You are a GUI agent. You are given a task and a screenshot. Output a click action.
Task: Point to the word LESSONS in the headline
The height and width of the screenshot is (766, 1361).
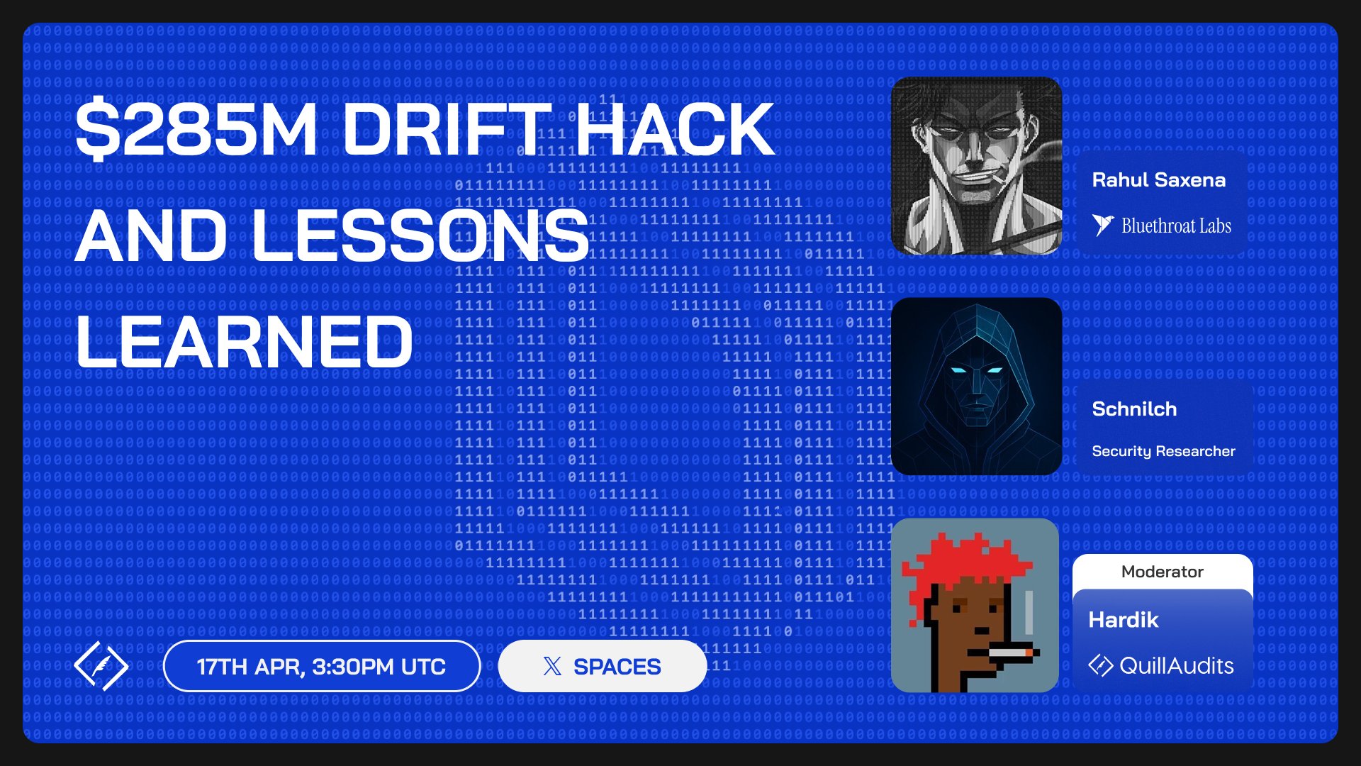(420, 235)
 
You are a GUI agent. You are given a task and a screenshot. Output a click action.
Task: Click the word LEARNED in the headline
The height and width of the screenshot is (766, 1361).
(244, 341)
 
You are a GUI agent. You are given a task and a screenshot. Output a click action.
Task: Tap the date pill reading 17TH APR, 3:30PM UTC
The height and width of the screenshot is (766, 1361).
(322, 666)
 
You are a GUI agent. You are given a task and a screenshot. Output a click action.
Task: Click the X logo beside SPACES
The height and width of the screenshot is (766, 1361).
(552, 666)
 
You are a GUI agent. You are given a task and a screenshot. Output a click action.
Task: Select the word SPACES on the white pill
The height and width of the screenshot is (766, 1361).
(617, 667)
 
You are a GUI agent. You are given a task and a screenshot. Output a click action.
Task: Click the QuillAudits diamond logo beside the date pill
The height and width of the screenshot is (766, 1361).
(101, 666)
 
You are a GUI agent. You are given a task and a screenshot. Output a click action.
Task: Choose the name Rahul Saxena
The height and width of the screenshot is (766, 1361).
(1158, 180)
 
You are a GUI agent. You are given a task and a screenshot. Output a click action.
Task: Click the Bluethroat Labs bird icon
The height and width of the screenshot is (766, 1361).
(1102, 226)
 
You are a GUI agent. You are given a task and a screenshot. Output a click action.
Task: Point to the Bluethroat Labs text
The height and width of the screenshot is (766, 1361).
(1176, 226)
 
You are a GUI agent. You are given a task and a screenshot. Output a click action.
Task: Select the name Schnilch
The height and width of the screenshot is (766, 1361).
(1134, 409)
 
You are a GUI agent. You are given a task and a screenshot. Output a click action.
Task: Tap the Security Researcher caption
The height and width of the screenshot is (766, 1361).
(1163, 451)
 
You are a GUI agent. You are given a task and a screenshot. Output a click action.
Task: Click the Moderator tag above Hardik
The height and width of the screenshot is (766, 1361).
(1163, 572)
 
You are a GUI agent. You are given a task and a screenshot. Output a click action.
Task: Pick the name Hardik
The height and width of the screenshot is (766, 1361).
(1124, 620)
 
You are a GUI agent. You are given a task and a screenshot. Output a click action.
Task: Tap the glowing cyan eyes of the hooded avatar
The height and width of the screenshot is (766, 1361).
(976, 370)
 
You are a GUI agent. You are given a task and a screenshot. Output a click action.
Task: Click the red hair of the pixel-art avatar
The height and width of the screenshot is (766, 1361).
(964, 564)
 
